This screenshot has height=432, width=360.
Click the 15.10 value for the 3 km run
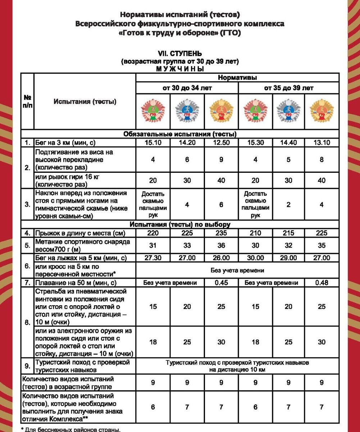point(153,143)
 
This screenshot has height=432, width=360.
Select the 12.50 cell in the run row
point(221,143)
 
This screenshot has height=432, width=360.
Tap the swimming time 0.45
point(221,283)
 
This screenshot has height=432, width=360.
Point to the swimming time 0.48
point(322,283)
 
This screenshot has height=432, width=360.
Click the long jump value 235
point(221,233)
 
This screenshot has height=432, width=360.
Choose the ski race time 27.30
point(153,258)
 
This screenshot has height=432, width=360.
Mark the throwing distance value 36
point(221,246)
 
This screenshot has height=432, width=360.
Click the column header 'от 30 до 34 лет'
point(187,88)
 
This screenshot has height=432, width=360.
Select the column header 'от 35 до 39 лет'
point(288,88)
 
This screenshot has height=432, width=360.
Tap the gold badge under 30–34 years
point(221,111)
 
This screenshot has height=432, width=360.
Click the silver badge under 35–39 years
point(288,111)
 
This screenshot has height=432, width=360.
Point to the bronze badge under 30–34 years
point(153,111)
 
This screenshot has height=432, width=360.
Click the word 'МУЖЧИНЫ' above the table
point(180,69)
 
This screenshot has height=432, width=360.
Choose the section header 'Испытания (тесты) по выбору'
point(180,224)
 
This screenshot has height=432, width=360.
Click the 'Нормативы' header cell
point(237,77)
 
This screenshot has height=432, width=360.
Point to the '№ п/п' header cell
point(27,101)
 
